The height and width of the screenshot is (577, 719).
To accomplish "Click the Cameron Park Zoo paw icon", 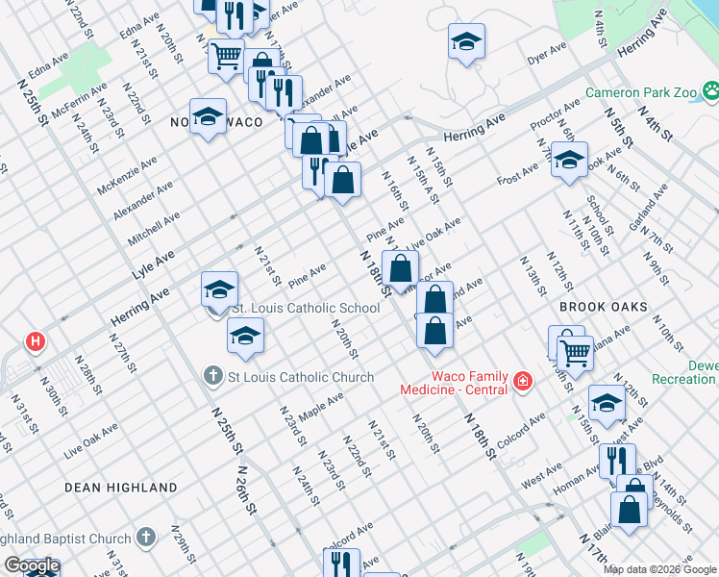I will (x=710, y=92).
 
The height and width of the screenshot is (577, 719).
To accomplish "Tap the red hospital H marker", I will (x=37, y=341).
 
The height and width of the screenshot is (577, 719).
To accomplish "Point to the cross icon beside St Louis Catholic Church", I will (x=214, y=376).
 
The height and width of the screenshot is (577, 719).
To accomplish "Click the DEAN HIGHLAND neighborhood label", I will (x=120, y=488).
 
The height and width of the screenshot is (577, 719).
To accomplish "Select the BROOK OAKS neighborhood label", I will (x=602, y=307).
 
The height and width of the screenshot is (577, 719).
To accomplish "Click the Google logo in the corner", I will (x=31, y=566).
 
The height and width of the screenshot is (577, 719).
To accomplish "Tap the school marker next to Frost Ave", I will (x=569, y=160).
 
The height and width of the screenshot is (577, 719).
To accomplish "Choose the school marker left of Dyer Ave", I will (x=466, y=41).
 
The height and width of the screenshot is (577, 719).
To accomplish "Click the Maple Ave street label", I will (x=320, y=406).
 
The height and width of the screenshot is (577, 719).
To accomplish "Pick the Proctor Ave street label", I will (x=555, y=115).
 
